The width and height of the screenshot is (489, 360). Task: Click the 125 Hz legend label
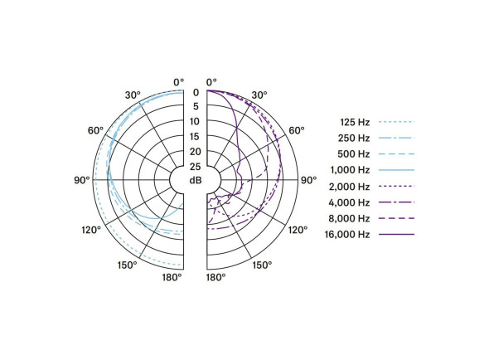pos(354,121)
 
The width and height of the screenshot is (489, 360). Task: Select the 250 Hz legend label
pos(354,138)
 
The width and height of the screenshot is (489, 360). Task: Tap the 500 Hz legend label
pos(354,153)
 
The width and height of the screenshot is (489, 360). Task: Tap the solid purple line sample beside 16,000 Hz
pos(396,235)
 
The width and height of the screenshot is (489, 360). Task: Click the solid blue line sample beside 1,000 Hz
pos(396,170)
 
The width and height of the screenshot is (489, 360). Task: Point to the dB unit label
pos(196,181)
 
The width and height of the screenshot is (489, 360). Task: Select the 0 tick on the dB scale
pos(196,92)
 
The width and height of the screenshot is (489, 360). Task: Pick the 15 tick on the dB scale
pos(196,137)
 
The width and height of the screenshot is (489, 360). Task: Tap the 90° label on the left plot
pos(81,179)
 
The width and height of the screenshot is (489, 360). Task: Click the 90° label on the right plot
pos(309,179)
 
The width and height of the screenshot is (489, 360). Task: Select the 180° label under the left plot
pos(172,277)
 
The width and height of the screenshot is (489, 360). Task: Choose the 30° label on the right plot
pos(259,95)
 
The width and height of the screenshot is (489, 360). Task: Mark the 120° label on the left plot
pos(92,229)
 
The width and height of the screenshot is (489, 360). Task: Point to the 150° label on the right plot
pos(262,265)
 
